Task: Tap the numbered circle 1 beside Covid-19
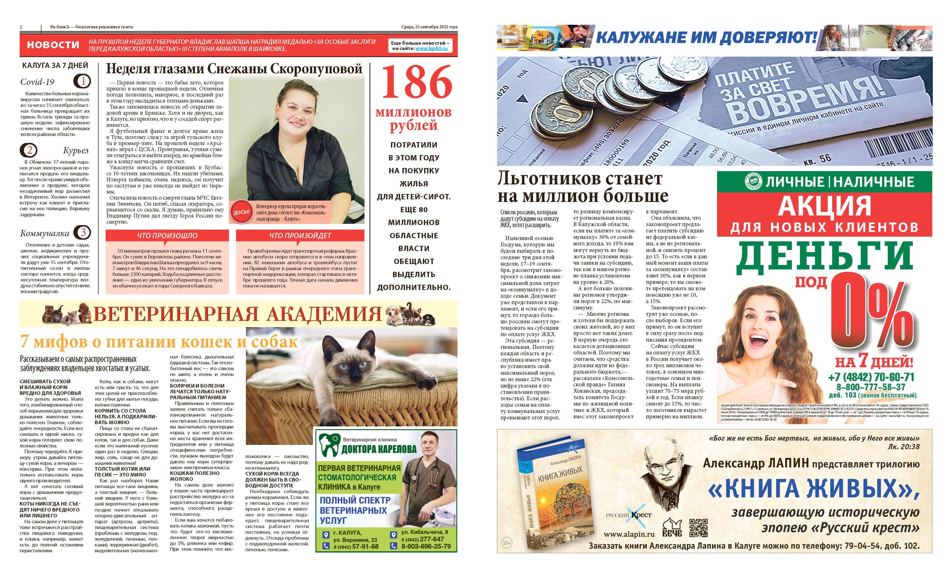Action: tap(82, 81)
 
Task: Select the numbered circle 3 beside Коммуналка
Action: tap(82, 233)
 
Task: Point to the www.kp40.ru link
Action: tap(431, 49)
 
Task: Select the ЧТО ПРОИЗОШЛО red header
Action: tap(167, 235)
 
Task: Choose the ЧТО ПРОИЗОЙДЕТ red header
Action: tap(300, 235)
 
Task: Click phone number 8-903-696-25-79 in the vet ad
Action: tap(426, 546)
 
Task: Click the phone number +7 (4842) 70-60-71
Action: tap(871, 377)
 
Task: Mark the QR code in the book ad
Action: tap(698, 527)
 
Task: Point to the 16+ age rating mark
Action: tap(506, 543)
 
